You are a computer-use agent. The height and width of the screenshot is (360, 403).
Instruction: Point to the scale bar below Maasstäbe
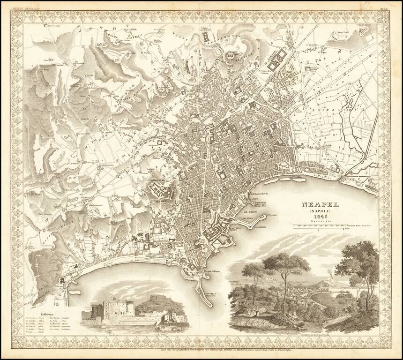323,227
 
